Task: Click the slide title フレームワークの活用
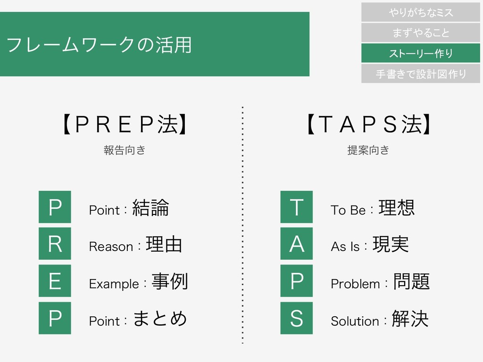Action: coord(99,45)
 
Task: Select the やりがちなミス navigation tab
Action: coord(421,12)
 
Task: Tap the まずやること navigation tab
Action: coord(421,33)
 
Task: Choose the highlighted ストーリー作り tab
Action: coord(421,53)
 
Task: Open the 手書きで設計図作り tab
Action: coord(421,74)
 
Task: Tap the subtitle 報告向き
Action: coord(124,150)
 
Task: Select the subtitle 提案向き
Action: coord(368,150)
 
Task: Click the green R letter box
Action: coord(55,244)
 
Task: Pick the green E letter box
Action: coord(55,281)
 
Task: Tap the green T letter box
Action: coord(296,207)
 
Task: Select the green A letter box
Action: coord(296,244)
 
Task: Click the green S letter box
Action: coord(296,318)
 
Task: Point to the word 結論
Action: coord(151,208)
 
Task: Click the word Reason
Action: coord(111,247)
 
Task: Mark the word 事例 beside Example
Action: coord(170,282)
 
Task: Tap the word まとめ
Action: coord(160,319)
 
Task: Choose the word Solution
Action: coord(355,321)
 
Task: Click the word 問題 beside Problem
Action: coord(411,282)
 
